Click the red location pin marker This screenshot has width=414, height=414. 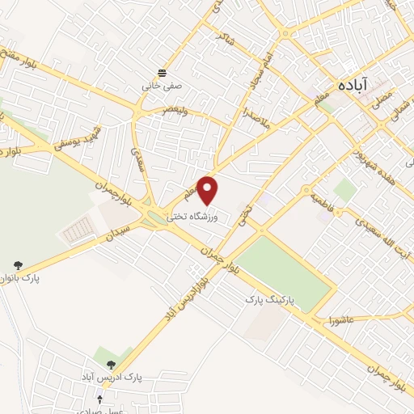(x=209, y=190)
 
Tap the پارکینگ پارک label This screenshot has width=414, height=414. (x=272, y=299)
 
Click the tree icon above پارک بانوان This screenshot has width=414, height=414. (x=17, y=264)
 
